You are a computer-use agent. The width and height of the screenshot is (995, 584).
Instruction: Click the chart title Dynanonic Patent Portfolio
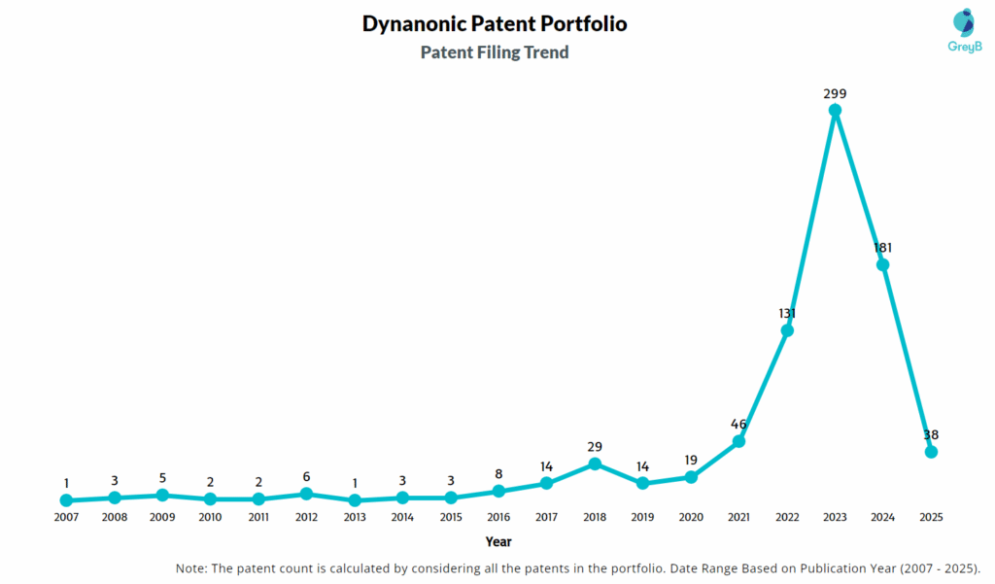click(x=495, y=24)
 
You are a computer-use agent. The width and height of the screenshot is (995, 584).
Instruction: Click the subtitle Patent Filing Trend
click(x=495, y=52)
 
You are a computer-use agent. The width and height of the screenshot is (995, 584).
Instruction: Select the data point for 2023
click(x=835, y=111)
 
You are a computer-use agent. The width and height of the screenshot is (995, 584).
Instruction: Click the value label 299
click(x=835, y=94)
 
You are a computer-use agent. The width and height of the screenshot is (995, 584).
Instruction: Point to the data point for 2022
click(x=787, y=330)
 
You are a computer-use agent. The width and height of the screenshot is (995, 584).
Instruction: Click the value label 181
click(x=882, y=248)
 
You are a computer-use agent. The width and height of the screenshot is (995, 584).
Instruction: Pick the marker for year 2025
click(x=931, y=452)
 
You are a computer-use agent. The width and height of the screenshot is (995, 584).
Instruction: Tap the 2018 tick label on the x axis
click(x=595, y=518)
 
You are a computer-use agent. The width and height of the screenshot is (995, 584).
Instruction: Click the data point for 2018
click(x=595, y=464)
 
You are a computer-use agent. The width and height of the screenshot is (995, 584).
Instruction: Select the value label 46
click(x=738, y=425)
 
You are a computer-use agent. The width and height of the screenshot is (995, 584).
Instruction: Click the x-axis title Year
click(x=498, y=542)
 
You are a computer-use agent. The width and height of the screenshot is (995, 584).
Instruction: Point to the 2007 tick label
click(x=66, y=518)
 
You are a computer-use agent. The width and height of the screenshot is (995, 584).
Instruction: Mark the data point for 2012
click(x=306, y=494)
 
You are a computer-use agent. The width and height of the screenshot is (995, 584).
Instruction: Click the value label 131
click(x=787, y=314)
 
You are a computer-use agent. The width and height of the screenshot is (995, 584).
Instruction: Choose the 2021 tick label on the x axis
click(x=738, y=518)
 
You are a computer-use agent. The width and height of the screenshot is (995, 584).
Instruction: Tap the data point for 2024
click(x=882, y=264)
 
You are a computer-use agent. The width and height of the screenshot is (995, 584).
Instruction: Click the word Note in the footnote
click(x=190, y=568)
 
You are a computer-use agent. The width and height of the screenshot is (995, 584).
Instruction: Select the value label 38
click(x=931, y=435)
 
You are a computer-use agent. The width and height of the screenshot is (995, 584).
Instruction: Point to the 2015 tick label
click(x=450, y=518)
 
